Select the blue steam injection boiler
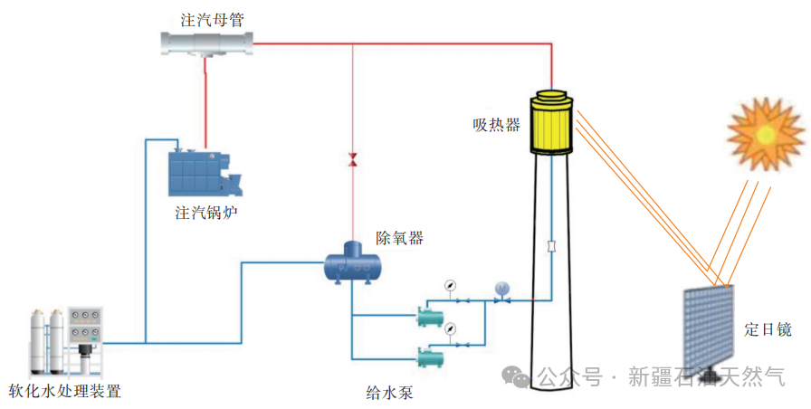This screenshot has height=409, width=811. pos(204,173)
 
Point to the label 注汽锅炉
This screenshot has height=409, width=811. pos(207,214)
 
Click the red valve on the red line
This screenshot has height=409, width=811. pos(353,160)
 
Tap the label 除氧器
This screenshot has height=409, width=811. pos(399,239)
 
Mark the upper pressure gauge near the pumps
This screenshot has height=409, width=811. pos(450,287)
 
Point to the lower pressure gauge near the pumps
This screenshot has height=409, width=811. pos(450,328)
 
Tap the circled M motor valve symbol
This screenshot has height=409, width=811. pos(502,289)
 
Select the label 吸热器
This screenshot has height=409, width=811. pos(496,125)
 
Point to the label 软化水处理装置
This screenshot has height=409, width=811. pos(64,392)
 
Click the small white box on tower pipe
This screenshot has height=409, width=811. pos(551,246)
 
